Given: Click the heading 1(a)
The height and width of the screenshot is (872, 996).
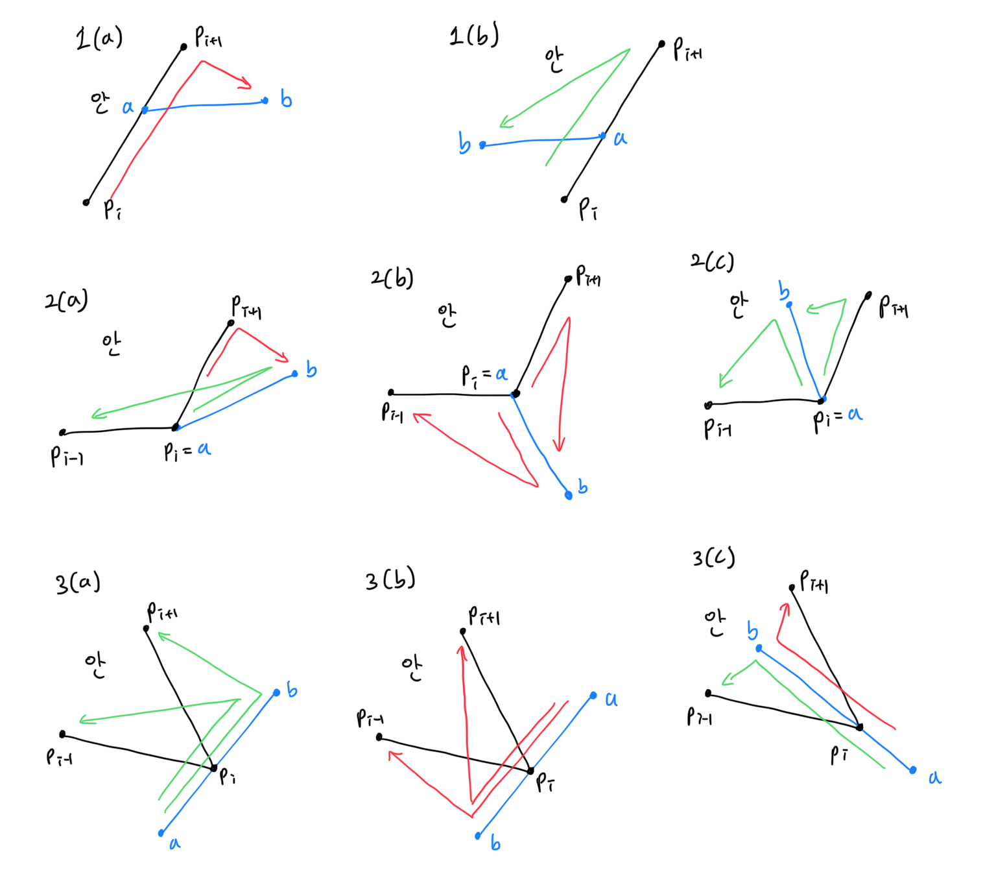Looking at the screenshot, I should tap(99, 39).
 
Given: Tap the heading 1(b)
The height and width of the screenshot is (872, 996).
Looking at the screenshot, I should tap(474, 34).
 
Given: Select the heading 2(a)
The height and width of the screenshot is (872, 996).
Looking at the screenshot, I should tap(66, 300).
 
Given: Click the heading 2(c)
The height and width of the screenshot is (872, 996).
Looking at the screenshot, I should tap(712, 261).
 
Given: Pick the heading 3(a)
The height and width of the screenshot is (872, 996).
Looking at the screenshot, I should tap(78, 582).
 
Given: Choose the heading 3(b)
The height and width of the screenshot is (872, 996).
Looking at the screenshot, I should tap(390, 579).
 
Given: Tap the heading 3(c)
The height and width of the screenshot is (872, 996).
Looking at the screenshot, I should tap(713, 557).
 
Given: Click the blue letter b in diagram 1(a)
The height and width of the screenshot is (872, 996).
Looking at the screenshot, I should tap(286, 99).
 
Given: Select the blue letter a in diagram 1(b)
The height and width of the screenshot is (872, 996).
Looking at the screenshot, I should tap(621, 138).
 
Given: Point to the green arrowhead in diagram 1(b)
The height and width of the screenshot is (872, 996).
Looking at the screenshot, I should tap(506, 123).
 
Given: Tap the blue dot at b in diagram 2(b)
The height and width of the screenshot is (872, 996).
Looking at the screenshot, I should tap(569, 495).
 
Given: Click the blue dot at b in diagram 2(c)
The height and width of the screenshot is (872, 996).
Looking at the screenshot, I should tap(789, 304).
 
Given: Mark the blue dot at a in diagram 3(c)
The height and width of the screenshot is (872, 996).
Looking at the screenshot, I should tap(913, 770).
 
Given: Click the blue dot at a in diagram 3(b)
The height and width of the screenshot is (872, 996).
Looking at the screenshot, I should tap(593, 696).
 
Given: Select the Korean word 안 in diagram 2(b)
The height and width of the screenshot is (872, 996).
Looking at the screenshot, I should tap(447, 316).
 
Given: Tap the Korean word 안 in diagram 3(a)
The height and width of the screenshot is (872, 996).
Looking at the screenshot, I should tap(95, 665).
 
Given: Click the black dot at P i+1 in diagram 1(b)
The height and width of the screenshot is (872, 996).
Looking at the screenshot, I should tap(661, 44).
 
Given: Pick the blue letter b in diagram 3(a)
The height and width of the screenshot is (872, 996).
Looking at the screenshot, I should tap(292, 690).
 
